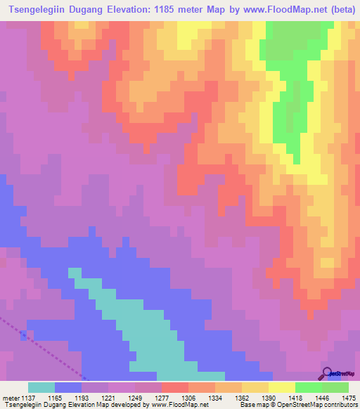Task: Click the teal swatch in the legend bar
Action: click(x=41, y=387)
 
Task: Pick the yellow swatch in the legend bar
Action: click(x=282, y=387)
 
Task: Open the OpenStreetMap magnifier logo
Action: click(x=327, y=372)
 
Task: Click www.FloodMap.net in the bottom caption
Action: click(x=163, y=404)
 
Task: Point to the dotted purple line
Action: click(x=42, y=345)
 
